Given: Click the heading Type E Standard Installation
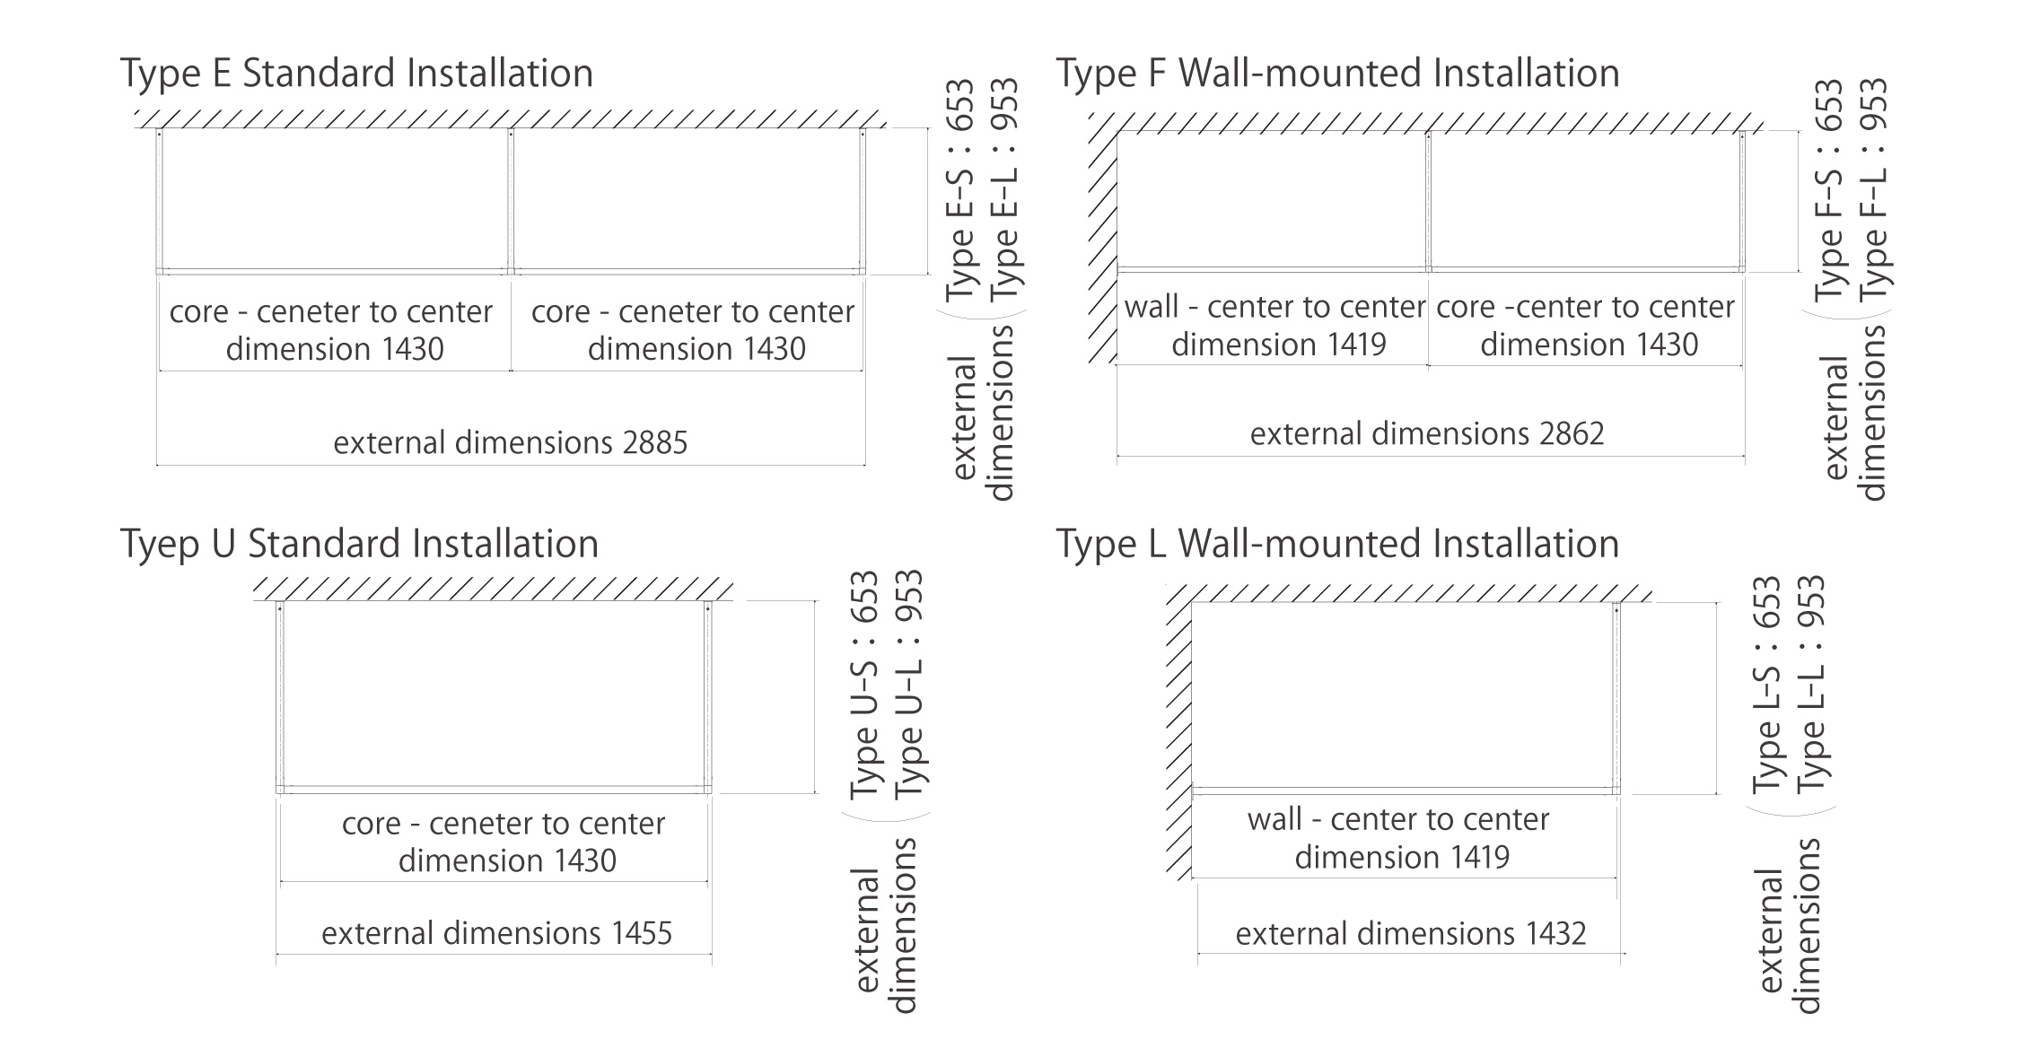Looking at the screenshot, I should tap(356, 74).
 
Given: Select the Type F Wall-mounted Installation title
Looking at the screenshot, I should tap(1337, 74).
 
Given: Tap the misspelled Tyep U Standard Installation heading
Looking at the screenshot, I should tap(359, 545).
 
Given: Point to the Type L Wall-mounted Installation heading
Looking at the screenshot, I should tap(1337, 545).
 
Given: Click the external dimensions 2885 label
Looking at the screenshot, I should tap(510, 443).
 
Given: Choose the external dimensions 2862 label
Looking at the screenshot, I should tap(1426, 434).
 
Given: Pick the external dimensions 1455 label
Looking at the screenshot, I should tap(496, 934).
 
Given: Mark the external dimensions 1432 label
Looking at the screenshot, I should tap(1410, 934).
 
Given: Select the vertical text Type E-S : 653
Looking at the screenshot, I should tap(959, 190).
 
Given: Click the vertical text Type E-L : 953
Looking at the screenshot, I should tap(1004, 190).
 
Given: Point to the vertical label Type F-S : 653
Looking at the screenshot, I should tap(1829, 190).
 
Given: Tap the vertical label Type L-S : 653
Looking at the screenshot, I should tap(1766, 684).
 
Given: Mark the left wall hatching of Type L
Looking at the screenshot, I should tap(1178, 736).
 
